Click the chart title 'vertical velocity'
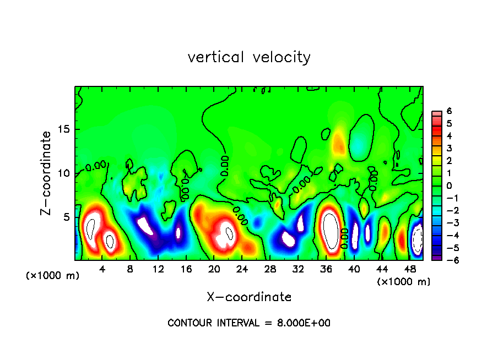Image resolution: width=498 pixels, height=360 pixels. click(249, 57)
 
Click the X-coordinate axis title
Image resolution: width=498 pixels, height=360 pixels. click(249, 297)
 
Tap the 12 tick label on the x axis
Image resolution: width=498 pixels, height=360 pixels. click(159, 269)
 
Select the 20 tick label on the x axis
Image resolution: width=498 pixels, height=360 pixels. click(214, 269)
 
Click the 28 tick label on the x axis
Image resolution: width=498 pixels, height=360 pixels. click(270, 269)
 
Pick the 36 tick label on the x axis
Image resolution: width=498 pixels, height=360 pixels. click(326, 269)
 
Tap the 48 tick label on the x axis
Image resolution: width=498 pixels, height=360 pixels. click(410, 269)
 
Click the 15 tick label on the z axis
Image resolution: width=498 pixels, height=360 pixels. click(65, 130)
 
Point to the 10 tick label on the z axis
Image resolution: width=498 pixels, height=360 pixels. click(65, 173)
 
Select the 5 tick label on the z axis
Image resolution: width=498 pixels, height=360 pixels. click(68, 217)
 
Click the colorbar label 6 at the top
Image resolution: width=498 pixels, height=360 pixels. click(449, 111)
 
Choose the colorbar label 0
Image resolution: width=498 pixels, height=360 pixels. click(449, 186)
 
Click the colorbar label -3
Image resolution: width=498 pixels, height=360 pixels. click(447, 223)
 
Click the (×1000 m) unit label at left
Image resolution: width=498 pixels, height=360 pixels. click(53, 275)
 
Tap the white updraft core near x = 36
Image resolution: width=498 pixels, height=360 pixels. click(330, 230)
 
